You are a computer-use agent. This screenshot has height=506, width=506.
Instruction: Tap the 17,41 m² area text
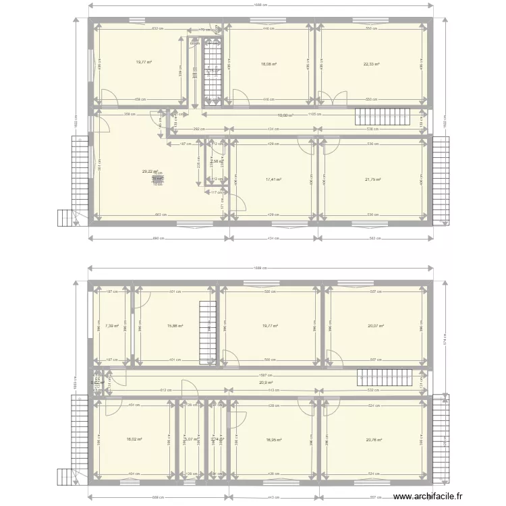pyautogui.click(x=273, y=179)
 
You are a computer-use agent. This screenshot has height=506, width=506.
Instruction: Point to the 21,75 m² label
pyautogui.click(x=373, y=179)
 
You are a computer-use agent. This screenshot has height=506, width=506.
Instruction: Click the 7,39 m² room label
pyautogui.click(x=112, y=327)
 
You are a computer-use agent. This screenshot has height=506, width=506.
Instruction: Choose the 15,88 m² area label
pyautogui.click(x=174, y=327)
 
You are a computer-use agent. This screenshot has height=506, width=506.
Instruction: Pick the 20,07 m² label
pyautogui.click(x=376, y=327)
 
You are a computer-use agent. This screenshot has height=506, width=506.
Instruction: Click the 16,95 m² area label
pyautogui.click(x=273, y=439)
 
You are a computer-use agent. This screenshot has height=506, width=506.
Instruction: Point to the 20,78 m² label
pyautogui.click(x=374, y=439)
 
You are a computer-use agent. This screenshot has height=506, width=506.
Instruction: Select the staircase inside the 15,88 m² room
pyautogui.click(x=207, y=329)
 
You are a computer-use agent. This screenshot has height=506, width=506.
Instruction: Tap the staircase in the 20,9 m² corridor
pyautogui.click(x=384, y=378)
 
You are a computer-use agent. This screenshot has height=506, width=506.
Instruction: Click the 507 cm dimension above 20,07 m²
pyautogui.click(x=376, y=292)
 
